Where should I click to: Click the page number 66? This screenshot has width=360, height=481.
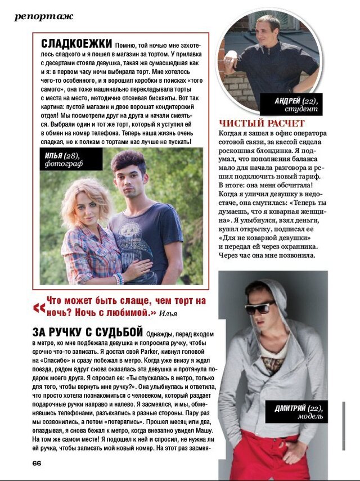coord(37,462)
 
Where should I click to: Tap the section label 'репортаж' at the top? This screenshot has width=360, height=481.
coord(44,16)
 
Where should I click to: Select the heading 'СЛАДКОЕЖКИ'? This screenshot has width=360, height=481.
coord(76,44)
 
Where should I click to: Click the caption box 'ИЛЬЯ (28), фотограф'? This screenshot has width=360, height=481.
coord(63,159)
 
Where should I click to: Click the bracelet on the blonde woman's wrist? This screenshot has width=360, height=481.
coord(119,278)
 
